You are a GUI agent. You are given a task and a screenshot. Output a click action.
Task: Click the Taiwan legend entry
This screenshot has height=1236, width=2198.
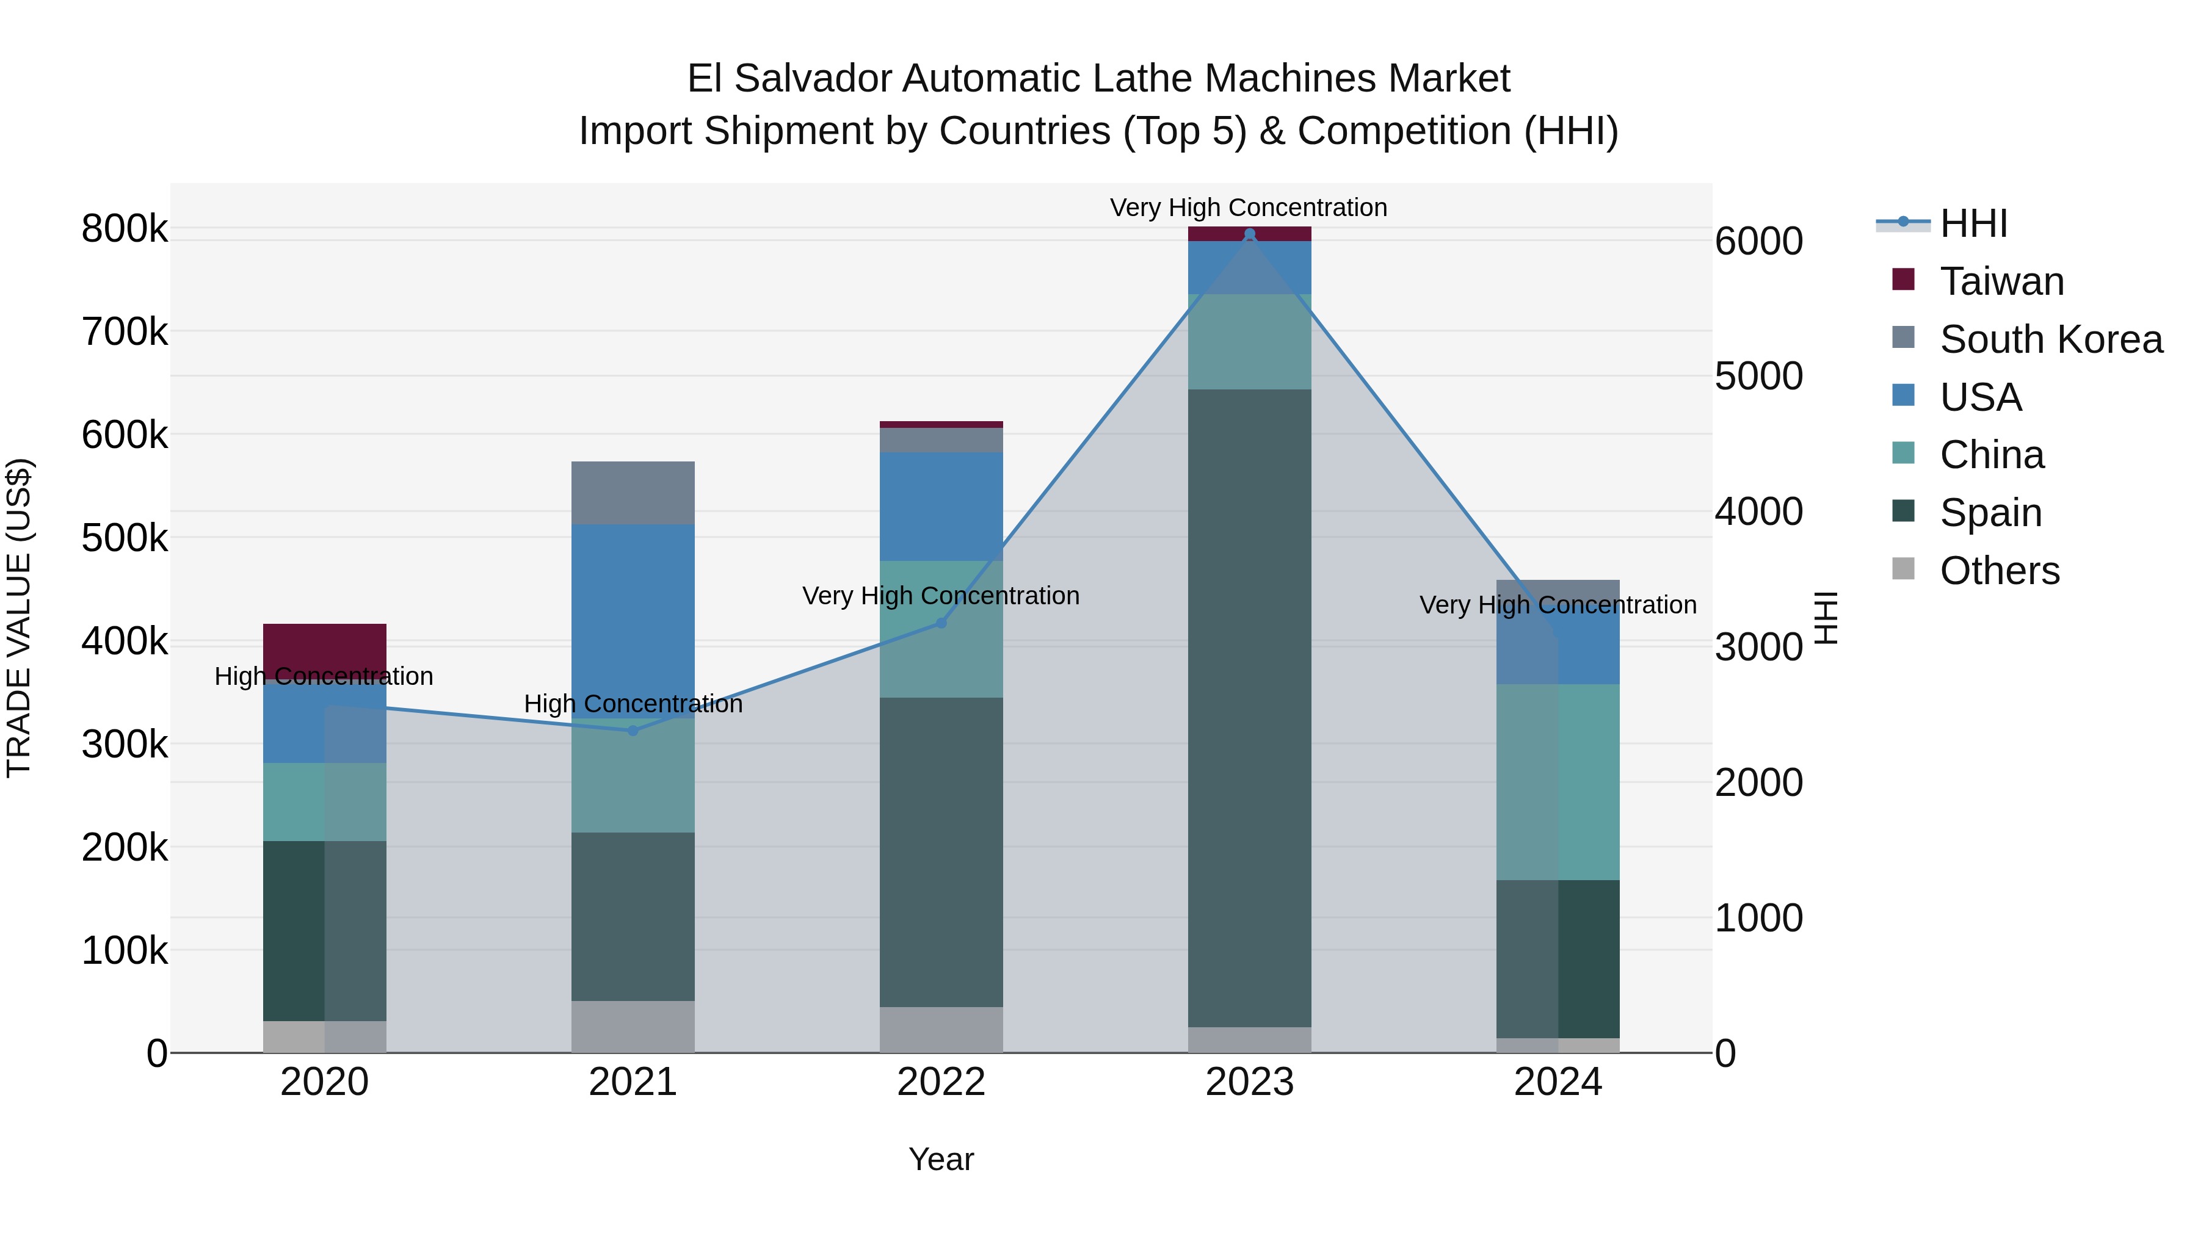tap(2001, 281)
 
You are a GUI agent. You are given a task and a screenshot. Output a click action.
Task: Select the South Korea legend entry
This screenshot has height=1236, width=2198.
tap(2050, 339)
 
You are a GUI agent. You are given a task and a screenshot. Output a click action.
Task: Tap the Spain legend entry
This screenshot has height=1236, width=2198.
tap(1990, 513)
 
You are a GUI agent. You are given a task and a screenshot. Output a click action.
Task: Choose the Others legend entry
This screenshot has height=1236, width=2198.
tap(1999, 571)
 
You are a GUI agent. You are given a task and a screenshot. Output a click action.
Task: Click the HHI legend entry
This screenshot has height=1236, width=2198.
tap(1973, 223)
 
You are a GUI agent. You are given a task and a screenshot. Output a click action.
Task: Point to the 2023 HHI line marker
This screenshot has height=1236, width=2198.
tap(1249, 234)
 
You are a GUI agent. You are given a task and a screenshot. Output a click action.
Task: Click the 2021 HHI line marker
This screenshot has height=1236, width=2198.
tap(633, 730)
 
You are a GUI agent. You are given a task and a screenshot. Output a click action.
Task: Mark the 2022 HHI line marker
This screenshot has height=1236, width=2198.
tap(941, 623)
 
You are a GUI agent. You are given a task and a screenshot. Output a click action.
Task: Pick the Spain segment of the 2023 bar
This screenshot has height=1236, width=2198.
tap(1249, 708)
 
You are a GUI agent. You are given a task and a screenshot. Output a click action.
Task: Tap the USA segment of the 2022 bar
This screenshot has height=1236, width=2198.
tap(941, 506)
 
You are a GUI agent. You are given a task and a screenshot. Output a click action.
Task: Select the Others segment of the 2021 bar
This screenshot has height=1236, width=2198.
tap(633, 1026)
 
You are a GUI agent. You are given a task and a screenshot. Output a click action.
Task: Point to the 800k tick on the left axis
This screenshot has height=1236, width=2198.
tap(125, 229)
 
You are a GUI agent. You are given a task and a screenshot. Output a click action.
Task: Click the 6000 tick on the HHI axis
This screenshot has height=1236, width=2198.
tap(1758, 241)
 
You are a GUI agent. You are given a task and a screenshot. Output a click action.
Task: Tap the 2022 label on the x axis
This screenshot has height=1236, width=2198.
tap(941, 1082)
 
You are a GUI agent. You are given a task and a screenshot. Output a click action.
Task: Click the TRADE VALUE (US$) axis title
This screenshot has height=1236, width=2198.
tap(20, 618)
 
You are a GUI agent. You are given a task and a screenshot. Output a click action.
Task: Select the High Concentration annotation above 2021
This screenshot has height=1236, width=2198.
tap(633, 704)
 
